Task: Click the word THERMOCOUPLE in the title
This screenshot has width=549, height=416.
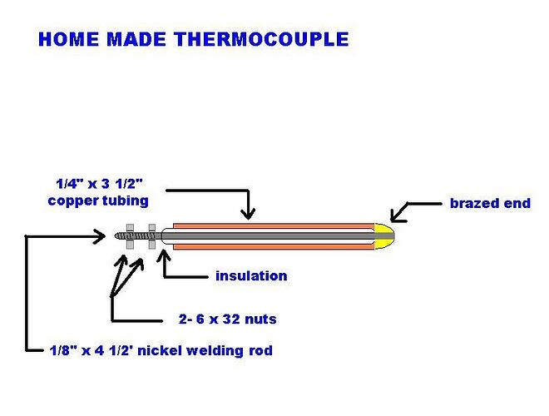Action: click(262, 39)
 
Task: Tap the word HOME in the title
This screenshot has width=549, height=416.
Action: click(68, 39)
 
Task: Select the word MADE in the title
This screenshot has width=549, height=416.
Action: click(136, 39)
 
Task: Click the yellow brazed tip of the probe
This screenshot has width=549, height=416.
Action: click(384, 236)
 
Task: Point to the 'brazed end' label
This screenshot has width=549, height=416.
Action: click(490, 203)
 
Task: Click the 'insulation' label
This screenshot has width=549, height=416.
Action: click(251, 276)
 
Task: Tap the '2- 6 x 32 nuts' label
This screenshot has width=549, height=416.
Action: click(228, 319)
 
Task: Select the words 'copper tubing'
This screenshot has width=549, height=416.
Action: click(98, 201)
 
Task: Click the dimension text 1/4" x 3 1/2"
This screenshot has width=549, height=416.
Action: click(100, 184)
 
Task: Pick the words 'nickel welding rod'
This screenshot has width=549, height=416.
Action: click(205, 350)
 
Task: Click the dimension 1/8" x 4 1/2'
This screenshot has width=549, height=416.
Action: click(91, 350)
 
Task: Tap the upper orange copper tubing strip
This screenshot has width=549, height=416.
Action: click(274, 226)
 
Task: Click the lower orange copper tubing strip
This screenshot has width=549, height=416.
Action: click(274, 247)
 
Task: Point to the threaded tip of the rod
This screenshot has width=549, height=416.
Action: click(121, 236)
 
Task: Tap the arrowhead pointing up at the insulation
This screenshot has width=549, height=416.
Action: click(164, 255)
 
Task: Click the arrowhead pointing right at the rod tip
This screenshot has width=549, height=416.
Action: click(99, 236)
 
